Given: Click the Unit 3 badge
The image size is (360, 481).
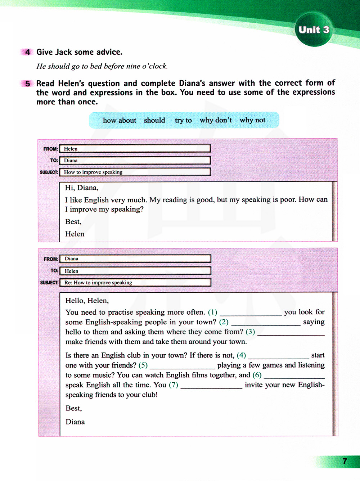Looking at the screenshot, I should [x=314, y=30].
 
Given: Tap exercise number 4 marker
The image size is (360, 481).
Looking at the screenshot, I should [x=27, y=52].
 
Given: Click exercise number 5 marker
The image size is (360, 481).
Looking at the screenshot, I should [x=27, y=84].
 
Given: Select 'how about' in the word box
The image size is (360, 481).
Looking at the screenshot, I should [x=120, y=120].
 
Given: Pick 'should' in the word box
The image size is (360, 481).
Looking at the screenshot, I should [x=154, y=120].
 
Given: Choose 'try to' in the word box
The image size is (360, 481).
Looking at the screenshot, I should [x=183, y=120].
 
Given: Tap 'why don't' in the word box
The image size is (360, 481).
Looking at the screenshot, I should [x=216, y=120].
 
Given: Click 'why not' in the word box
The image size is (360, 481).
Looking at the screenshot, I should [x=252, y=120].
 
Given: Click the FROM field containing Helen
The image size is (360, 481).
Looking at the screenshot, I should [x=135, y=149].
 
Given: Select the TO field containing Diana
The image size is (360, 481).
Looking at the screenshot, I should [x=135, y=161].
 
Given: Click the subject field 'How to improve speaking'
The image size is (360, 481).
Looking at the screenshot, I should [x=135, y=172].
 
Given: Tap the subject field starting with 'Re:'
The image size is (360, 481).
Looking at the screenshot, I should [x=135, y=283].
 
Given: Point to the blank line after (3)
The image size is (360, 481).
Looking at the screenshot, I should [x=291, y=333].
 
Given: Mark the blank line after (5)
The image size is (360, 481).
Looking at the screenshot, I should [x=182, y=366].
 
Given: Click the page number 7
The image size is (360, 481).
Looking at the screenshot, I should [x=345, y=461].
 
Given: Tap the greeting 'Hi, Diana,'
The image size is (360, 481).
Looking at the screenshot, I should [x=82, y=188].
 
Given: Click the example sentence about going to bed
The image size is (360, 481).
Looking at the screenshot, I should [x=102, y=66].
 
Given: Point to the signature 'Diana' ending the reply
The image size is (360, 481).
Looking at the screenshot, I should [x=75, y=422].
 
